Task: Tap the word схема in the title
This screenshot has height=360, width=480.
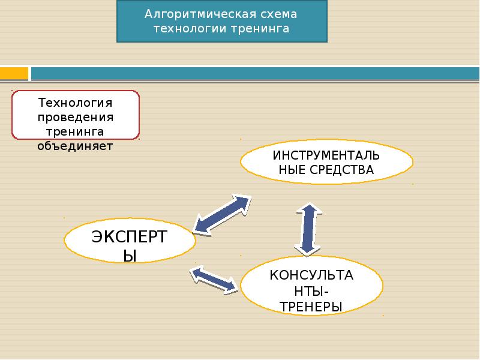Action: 278,14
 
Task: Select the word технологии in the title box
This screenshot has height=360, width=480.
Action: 190,28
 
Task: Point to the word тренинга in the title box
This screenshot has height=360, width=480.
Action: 260,28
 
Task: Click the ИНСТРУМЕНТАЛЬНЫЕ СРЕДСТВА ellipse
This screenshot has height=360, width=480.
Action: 326,161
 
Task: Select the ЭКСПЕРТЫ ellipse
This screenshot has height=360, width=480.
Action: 130,244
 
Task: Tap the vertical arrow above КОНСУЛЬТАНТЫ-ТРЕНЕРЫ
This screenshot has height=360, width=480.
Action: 308,228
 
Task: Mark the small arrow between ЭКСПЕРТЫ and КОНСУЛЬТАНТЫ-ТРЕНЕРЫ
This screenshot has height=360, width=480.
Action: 214,280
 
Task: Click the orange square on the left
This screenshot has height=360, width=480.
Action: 14,73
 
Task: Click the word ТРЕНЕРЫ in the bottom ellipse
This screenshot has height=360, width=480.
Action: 311,307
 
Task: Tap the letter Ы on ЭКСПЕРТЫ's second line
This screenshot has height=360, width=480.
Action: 130,256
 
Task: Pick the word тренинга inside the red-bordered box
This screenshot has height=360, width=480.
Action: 76,131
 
